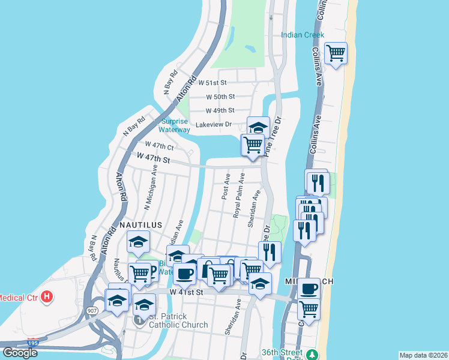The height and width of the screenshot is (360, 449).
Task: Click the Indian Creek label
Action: pos(303,35)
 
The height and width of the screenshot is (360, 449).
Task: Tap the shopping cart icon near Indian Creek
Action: pos(336,53)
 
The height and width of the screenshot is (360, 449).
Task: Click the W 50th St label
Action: pos(220,97)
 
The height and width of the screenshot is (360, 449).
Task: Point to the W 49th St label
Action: pos(220,111)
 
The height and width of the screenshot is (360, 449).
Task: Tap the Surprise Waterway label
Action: pos(174,125)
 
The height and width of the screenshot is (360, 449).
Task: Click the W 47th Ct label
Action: pos(159,145)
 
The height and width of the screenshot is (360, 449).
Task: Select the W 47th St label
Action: pos(154,158)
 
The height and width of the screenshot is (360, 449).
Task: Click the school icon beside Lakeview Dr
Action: pos(258,127)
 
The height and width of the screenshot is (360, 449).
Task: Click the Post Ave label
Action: pos(226,187)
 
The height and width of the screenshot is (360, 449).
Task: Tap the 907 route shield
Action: pos(92,311)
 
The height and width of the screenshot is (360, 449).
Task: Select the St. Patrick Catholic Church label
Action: pos(178,320)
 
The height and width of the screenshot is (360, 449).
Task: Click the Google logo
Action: pos(20,352)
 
